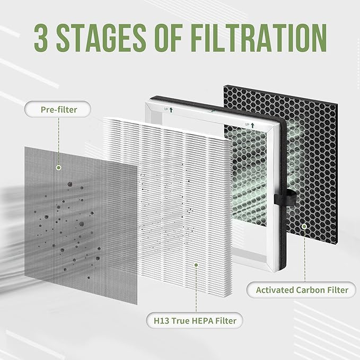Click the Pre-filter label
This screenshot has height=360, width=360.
58,110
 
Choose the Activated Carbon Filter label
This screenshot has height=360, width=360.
302,289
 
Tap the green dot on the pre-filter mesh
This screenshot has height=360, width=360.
59,168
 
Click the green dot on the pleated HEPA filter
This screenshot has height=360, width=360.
196,264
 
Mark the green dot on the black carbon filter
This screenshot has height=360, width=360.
304,226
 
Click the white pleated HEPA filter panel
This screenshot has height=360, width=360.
170,212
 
